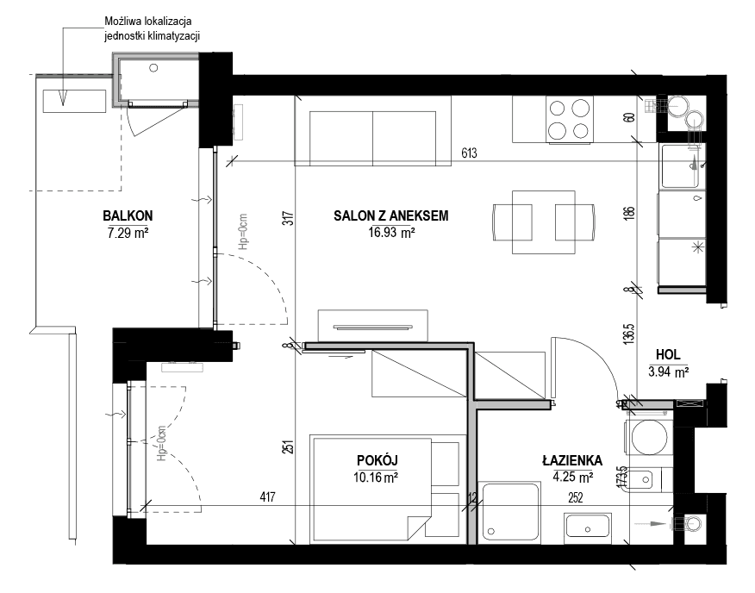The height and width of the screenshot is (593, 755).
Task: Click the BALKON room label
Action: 128,215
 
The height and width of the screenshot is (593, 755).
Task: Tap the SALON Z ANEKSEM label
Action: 391,215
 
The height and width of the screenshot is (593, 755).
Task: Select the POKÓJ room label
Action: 377,460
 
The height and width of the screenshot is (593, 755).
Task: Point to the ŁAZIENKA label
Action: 572,460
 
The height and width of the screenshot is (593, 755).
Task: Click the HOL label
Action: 668,355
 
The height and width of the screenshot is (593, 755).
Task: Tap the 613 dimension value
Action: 469,153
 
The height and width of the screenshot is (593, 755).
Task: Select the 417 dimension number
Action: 267,496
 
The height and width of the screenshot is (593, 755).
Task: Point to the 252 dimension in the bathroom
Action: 576,497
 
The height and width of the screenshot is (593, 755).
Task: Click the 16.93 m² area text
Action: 391,233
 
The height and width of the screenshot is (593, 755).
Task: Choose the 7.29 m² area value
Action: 128,234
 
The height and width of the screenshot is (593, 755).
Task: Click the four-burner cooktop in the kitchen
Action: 570,119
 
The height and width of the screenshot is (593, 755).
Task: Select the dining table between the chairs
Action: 544,222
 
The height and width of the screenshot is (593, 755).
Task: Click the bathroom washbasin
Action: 588,525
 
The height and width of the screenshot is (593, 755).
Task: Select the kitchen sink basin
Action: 681,166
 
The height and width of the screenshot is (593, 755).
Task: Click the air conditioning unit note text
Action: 153,29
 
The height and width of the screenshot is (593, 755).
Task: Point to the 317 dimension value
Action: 289,219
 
